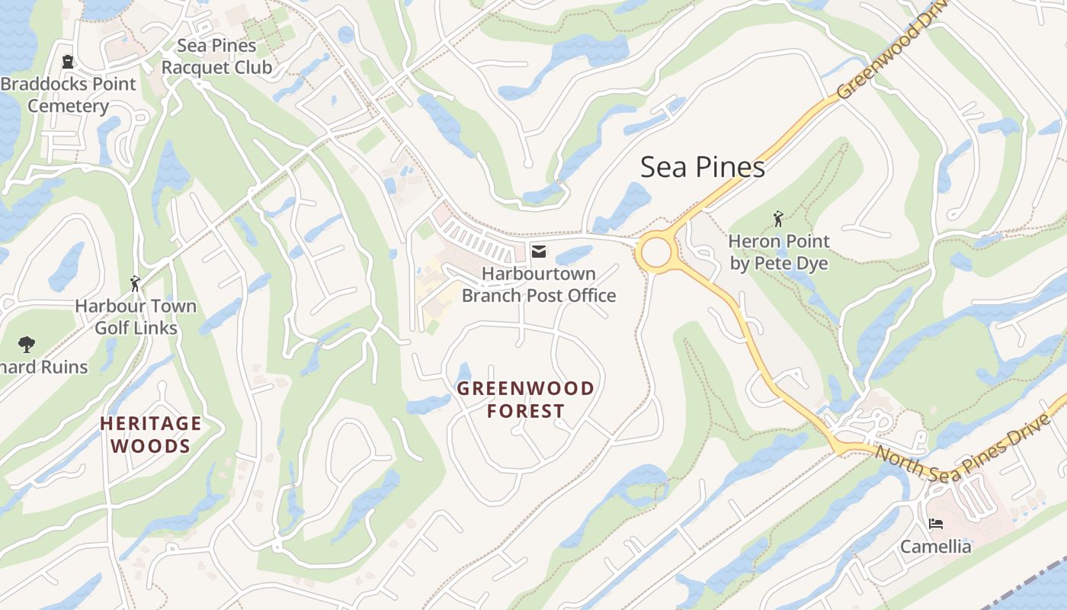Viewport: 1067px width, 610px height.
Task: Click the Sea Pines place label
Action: point(702,167)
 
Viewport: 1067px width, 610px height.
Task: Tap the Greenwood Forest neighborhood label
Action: point(525,400)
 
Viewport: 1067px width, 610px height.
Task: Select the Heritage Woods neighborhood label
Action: point(151,435)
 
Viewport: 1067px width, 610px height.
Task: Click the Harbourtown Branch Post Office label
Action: point(539,284)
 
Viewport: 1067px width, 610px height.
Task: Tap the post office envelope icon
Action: point(539,252)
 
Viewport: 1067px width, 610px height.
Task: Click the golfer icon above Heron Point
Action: point(778,220)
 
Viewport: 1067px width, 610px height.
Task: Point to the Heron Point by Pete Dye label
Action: point(778,252)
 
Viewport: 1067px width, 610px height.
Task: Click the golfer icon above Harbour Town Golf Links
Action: point(136,284)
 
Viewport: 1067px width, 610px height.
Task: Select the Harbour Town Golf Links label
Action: point(136,317)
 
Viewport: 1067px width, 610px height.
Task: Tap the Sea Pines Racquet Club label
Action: point(216,56)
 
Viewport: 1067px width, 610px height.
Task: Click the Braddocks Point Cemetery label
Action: point(69,95)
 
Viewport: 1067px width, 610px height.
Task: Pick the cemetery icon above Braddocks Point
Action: point(68,62)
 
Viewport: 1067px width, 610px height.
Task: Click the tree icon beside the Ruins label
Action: point(27,344)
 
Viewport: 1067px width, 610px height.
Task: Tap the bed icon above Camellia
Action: point(936,524)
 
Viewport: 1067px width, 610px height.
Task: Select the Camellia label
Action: point(936,547)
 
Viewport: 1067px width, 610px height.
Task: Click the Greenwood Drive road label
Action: point(890,53)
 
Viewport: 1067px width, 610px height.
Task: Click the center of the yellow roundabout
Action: point(655,252)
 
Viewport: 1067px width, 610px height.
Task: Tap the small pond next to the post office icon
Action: point(574,254)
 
